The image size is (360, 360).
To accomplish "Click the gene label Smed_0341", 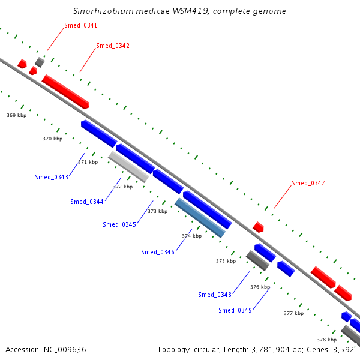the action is [80, 25].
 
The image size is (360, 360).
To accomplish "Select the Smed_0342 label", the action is [113, 46].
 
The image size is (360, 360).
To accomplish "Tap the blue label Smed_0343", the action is [52, 177].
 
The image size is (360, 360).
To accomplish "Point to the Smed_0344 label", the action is [87, 202].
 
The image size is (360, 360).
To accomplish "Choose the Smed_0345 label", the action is [119, 224].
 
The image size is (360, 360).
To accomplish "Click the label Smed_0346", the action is [158, 252].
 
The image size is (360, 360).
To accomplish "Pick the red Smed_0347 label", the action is [308, 183].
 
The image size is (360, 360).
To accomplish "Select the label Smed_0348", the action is [215, 295].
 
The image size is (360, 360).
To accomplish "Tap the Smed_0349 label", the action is [235, 310].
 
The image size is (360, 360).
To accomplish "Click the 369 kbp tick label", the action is [17, 115].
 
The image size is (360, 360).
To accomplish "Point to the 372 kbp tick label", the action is [123, 187].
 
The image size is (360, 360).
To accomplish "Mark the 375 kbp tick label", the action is [226, 261].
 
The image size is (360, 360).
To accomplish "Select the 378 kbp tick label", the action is [327, 340].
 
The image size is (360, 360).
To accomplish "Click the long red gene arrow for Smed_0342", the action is [65, 92].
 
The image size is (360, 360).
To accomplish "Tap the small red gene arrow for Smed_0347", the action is [258, 227].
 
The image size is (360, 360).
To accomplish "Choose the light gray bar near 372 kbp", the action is [128, 167].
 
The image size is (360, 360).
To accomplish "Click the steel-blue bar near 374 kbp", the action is [200, 218].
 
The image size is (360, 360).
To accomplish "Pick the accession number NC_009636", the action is [65, 350].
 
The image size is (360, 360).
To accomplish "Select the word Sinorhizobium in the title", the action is [103, 11].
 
